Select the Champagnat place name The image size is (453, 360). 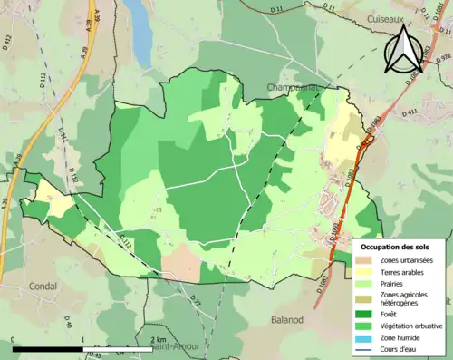click(288, 87)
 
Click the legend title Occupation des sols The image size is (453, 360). click(400, 247)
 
